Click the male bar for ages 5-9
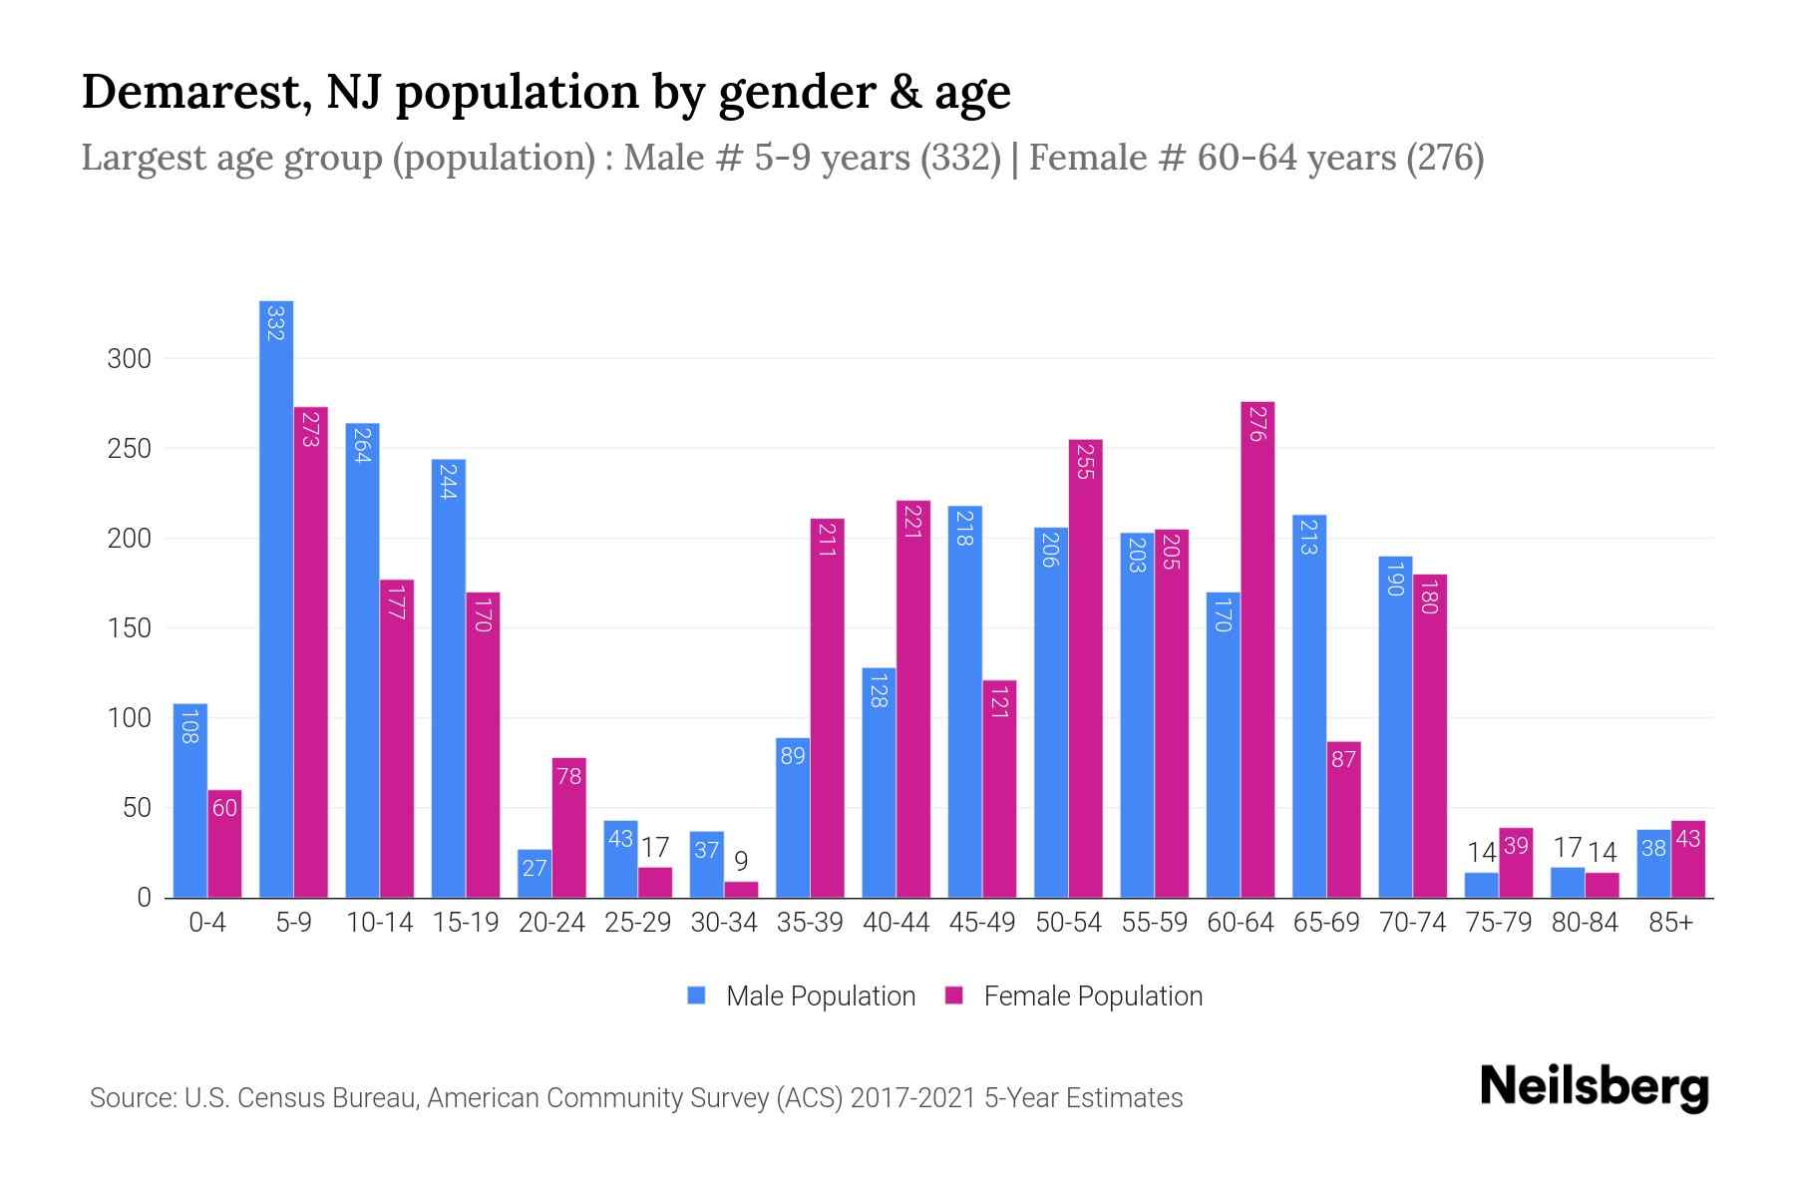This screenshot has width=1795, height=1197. point(276,598)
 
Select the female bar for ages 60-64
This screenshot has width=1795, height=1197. point(1257,649)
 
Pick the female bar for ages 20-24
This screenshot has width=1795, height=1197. point(569,828)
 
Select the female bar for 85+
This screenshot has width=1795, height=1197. point(1687,859)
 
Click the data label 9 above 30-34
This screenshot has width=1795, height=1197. point(741,861)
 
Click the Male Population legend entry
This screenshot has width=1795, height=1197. point(802,996)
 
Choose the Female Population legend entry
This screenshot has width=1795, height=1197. point(1074,996)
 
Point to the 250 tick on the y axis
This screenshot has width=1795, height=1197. point(129,449)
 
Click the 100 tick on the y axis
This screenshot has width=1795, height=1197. point(129,718)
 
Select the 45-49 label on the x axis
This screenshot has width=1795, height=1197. point(982,923)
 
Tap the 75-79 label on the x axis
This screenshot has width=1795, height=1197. point(1498,923)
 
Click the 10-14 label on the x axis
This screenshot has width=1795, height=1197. point(380,923)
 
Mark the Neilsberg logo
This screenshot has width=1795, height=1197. point(1594,1086)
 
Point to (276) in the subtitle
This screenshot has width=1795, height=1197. point(1444,158)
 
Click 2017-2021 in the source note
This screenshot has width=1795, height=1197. point(912,1098)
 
